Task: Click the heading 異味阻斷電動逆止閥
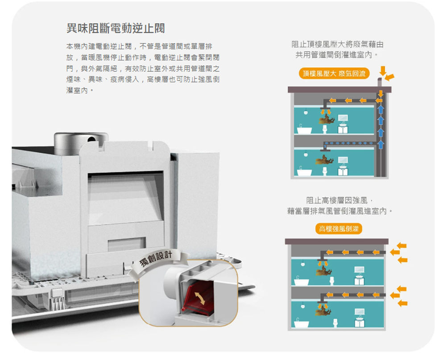click(x=115, y=29)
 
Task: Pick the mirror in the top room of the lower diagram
click(x=359, y=270)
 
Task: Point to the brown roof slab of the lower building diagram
click(x=337, y=241)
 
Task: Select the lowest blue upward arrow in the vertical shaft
click(x=380, y=143)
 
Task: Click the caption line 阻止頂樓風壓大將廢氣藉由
click(x=337, y=45)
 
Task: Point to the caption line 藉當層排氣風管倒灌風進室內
click(x=340, y=210)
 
